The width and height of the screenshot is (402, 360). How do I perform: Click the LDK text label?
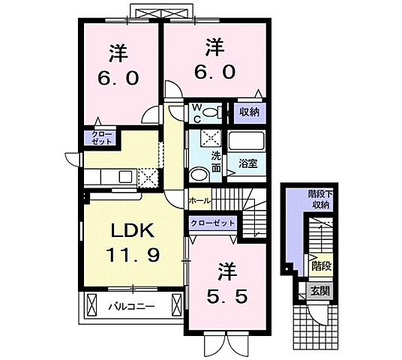(x=131, y=228)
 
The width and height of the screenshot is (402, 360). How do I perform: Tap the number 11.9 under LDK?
(x=131, y=254)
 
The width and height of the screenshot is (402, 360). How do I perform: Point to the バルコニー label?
(x=130, y=306)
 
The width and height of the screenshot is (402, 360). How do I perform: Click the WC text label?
(x=195, y=112)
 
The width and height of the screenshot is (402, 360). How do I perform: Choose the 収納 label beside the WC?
(x=249, y=112)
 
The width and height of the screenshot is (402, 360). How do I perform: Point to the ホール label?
(x=199, y=200)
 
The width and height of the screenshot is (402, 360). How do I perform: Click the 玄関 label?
(x=317, y=289)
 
